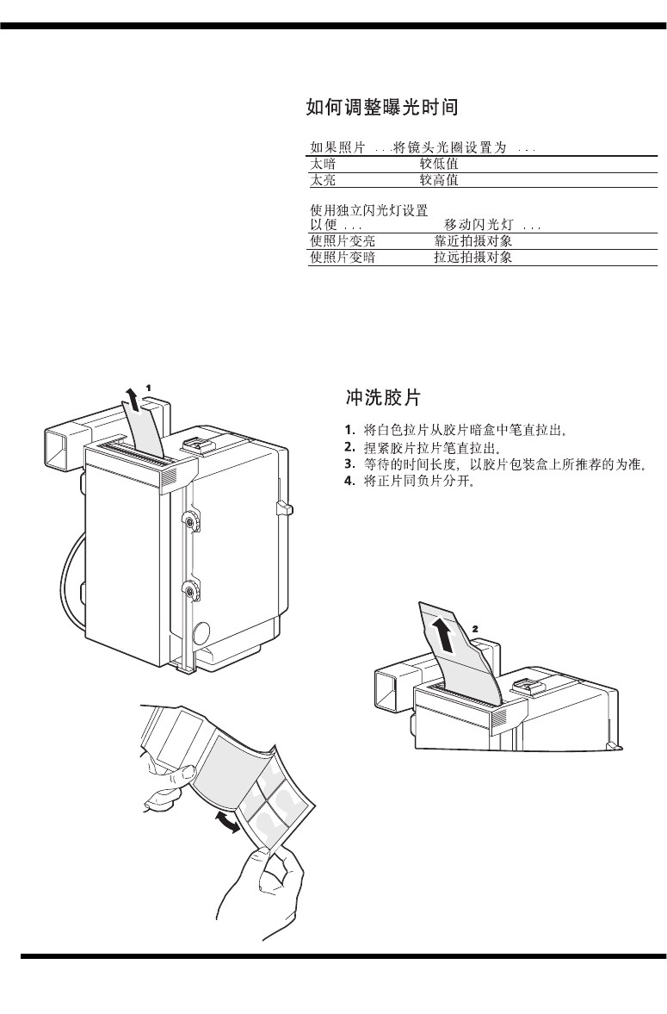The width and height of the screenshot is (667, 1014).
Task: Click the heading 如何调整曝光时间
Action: point(381,108)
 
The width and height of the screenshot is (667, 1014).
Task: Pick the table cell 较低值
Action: point(439,164)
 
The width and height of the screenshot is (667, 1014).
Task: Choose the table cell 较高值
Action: point(439,180)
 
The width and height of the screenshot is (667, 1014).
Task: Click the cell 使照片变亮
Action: point(343,241)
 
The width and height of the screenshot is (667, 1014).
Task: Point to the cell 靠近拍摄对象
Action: point(473,241)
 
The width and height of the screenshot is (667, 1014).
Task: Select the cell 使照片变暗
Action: point(343,258)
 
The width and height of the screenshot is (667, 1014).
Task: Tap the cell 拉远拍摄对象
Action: point(473,258)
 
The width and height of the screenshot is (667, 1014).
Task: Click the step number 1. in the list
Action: point(349,429)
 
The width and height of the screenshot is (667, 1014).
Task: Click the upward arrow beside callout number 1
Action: point(132,401)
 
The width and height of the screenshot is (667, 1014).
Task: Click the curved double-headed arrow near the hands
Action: point(226,822)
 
